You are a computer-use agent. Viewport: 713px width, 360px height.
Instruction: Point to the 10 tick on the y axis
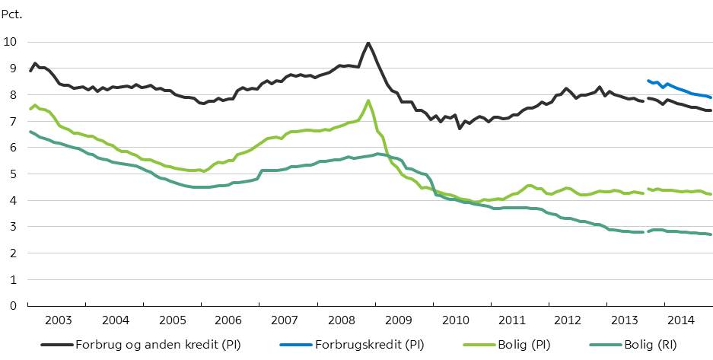click(x=10, y=42)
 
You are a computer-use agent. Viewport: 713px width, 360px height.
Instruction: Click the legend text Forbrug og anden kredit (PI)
click(x=158, y=345)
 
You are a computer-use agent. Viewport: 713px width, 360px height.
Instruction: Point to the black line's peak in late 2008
click(x=368, y=43)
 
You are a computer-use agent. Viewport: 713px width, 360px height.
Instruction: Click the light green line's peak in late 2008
click(x=368, y=100)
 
